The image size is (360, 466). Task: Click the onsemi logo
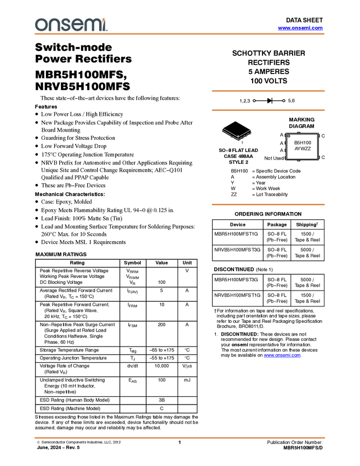pyautogui.click(x=71, y=25)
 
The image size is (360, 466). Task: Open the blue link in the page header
pyautogui.click(x=300, y=28)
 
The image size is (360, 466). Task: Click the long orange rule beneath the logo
pyautogui.click(x=180, y=34)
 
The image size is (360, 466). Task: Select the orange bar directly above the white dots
pyautogui.click(x=268, y=91)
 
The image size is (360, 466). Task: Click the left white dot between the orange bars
pyautogui.click(x=254, y=100)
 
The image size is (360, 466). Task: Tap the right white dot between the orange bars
pyautogui.click(x=283, y=100)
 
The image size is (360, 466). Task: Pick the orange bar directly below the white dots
pyautogui.click(x=268, y=110)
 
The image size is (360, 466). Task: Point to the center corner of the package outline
pyautogui.click(x=238, y=138)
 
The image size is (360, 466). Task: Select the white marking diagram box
pyautogui.click(x=302, y=146)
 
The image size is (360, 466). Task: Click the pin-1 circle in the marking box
pyautogui.click(x=289, y=136)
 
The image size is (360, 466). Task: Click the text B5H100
pyautogui.click(x=302, y=143)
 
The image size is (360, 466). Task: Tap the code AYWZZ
pyautogui.click(x=302, y=149)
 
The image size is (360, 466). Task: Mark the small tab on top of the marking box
pyautogui.click(x=298, y=132)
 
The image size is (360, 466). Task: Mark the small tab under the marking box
pyautogui.click(x=298, y=161)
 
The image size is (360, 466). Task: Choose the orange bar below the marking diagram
pyautogui.click(x=268, y=204)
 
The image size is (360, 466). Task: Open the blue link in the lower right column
pyautogui.click(x=282, y=356)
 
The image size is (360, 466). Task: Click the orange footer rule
pyautogui.click(x=180, y=437)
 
